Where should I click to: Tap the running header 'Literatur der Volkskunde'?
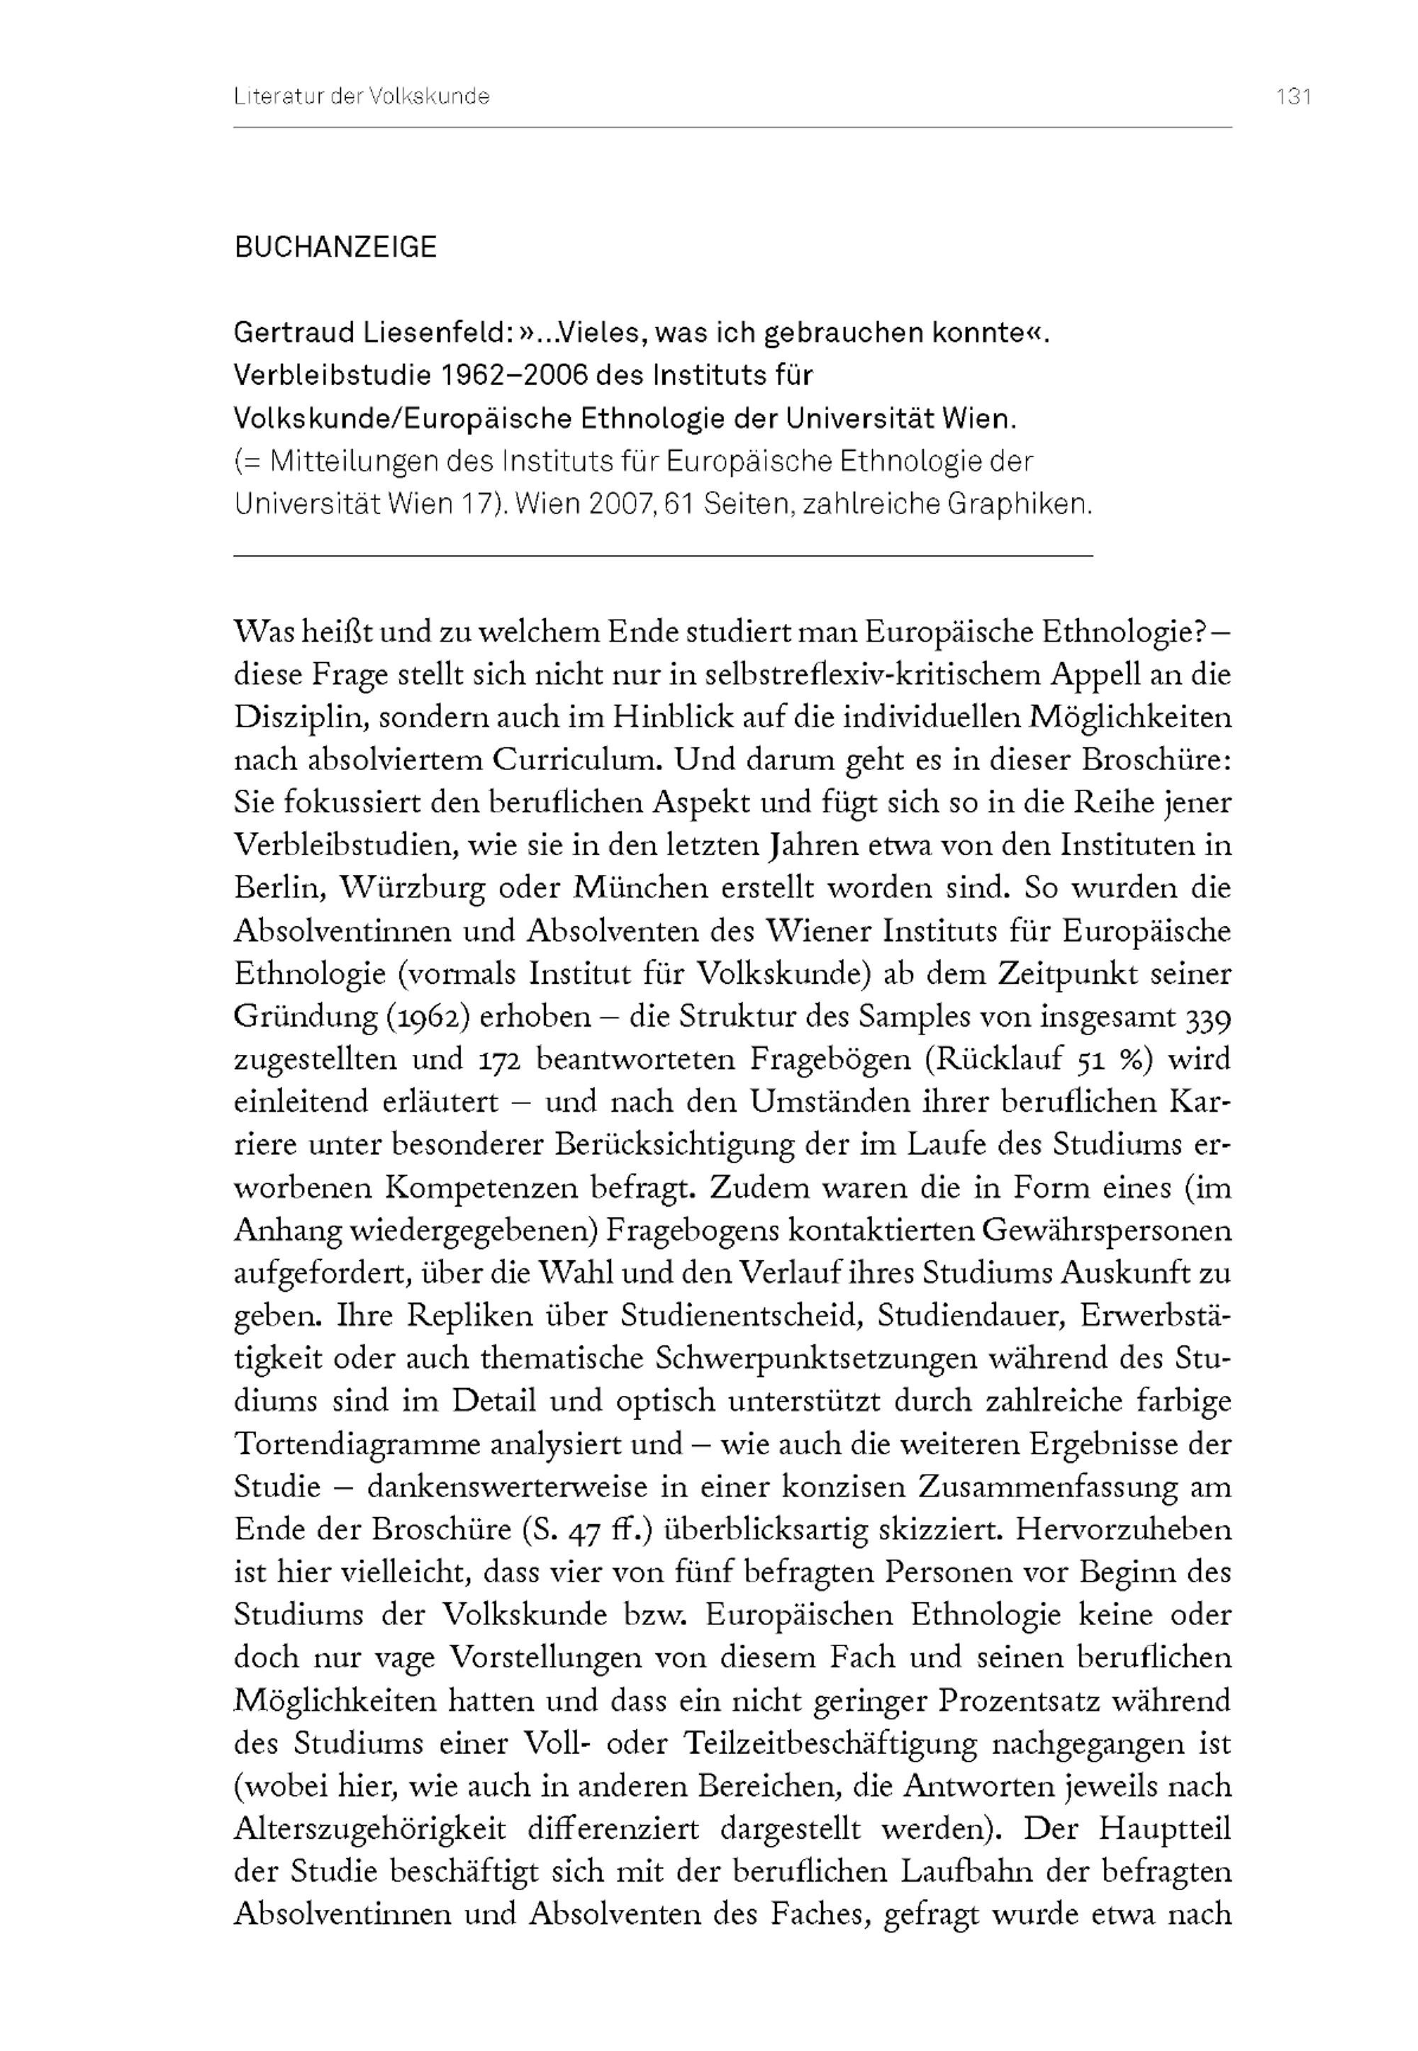click(x=362, y=97)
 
